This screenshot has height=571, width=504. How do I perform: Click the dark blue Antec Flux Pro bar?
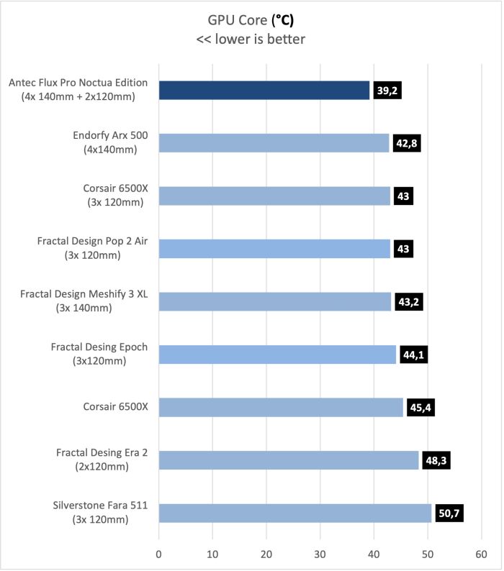coord(264,90)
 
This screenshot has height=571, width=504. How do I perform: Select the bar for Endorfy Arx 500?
coord(274,143)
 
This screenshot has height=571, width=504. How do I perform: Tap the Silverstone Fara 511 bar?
coord(294,513)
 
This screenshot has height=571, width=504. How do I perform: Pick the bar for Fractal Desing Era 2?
coord(288,460)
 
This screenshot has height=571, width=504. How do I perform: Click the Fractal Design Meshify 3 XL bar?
coord(274,301)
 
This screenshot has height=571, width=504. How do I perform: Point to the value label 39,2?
coord(387,90)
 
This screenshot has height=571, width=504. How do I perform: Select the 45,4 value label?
coord(420,408)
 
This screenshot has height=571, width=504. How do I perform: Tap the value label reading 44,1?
coord(413,355)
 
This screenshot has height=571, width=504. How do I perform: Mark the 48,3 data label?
coord(436,460)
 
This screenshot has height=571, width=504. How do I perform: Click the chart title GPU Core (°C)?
coord(251,19)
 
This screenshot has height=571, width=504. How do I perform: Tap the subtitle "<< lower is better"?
coord(251,39)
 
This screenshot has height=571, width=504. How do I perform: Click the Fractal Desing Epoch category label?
coord(99,354)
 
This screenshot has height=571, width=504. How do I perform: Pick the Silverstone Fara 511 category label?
coord(100,513)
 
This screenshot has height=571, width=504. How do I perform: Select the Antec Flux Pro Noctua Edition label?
coord(78,89)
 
